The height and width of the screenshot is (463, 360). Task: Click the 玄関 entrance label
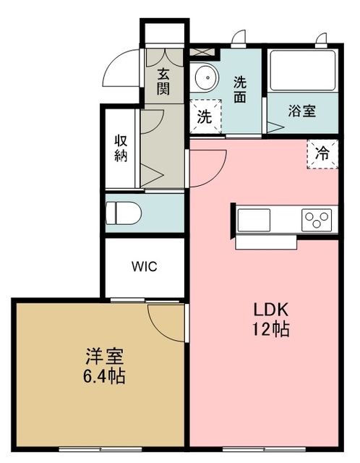164,82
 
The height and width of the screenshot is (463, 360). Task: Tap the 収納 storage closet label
121,148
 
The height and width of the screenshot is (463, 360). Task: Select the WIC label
144,266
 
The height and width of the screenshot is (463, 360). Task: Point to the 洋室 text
105,357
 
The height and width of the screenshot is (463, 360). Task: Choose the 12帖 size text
271,330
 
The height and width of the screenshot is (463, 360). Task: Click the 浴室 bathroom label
301,111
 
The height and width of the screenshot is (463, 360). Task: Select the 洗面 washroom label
241,89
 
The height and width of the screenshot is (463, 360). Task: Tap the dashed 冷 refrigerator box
322,153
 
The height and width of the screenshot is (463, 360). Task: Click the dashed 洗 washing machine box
205,116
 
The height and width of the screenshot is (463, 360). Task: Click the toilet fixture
123,213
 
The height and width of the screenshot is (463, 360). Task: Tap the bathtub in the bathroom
302,69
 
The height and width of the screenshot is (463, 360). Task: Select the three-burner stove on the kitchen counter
317,216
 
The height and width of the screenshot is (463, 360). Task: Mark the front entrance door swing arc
123,70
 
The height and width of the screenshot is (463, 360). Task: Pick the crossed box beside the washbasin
202,53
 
